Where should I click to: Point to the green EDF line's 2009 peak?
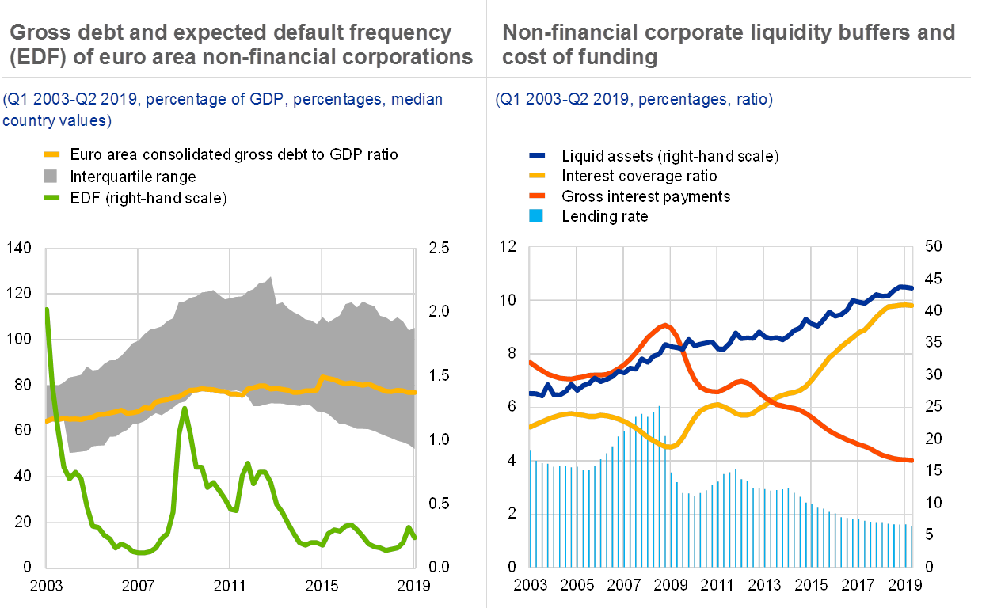(184, 409)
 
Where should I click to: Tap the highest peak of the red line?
(665, 324)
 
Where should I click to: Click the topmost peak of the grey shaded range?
(271, 277)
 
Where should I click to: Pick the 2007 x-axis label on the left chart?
(138, 586)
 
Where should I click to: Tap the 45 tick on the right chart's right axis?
(933, 279)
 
